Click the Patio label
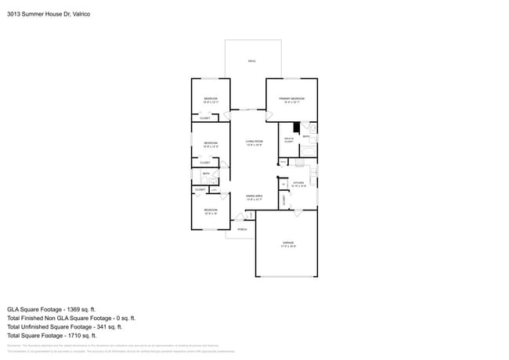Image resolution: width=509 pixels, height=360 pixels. point(251,61)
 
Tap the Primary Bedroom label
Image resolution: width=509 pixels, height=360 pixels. point(291,99)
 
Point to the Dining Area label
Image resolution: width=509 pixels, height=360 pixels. point(254,197)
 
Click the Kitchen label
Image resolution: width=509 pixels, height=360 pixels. point(298,184)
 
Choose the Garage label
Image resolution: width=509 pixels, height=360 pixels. point(288,244)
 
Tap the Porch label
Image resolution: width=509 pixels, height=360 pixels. point(242,229)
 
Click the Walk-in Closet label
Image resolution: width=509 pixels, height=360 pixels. point(288,140)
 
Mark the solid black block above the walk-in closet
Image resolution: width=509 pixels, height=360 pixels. point(297,128)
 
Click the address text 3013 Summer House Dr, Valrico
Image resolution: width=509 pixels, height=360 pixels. point(48,14)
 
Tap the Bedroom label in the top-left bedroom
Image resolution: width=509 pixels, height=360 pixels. point(211,99)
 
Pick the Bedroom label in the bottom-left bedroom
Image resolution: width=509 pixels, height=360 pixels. point(211,211)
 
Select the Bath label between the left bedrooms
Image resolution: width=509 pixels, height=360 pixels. point(206,174)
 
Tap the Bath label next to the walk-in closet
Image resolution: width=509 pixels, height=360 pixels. point(306,136)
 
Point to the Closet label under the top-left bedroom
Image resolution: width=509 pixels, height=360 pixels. point(204,118)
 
